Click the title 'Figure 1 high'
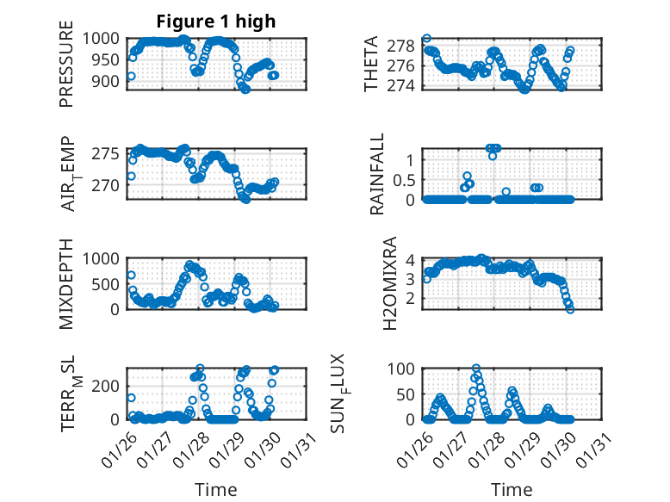point(216,22)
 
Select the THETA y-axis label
point(371,64)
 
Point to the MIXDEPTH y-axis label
point(66,283)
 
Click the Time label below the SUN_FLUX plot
point(512,490)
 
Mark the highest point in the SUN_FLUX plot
point(476,369)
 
